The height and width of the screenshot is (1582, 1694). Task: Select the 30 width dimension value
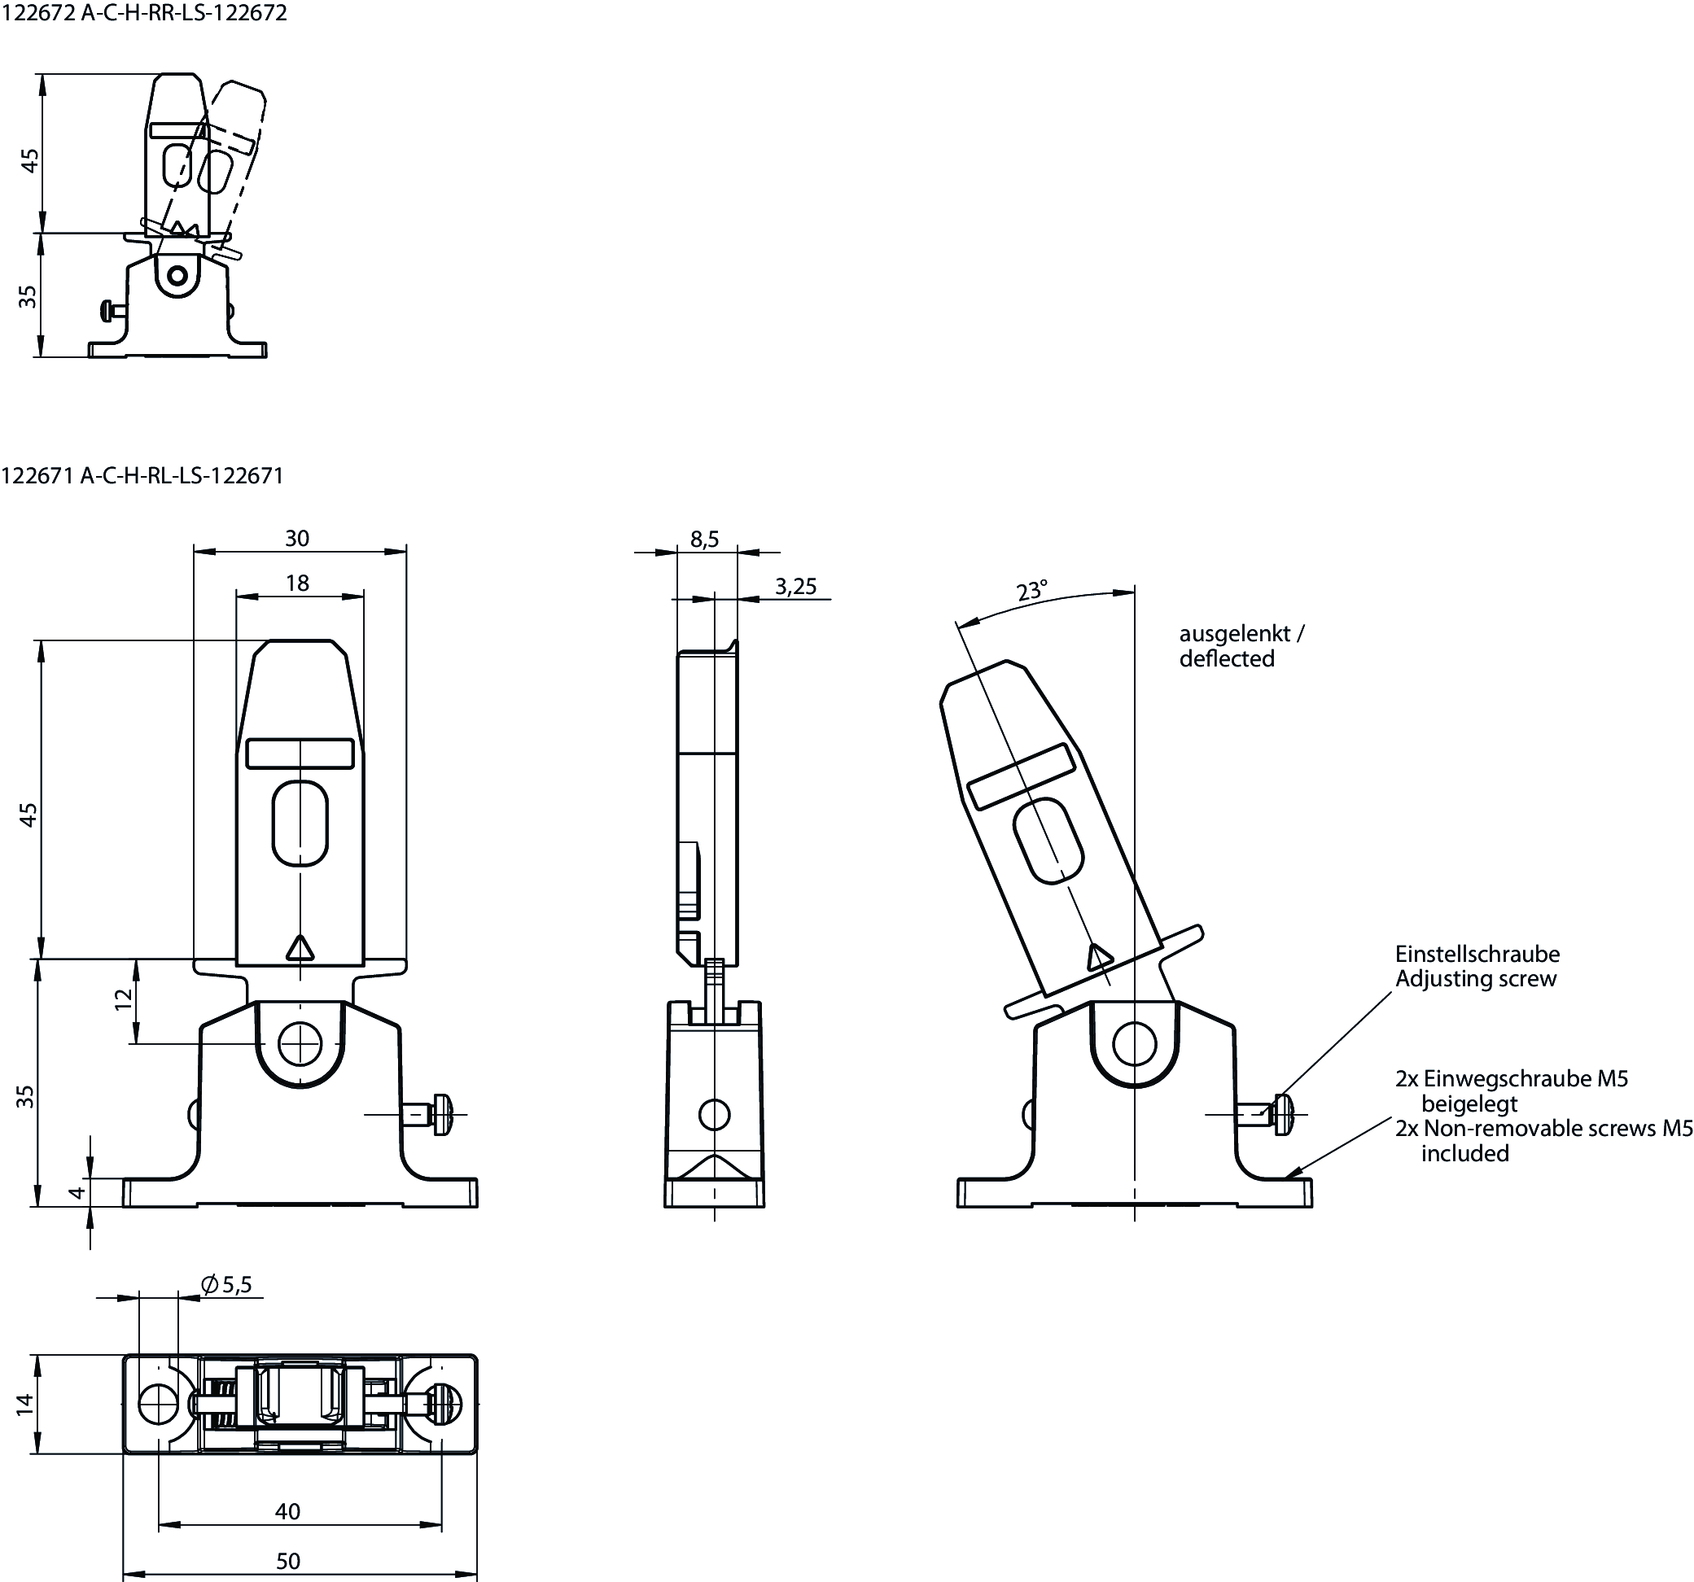pyautogui.click(x=297, y=539)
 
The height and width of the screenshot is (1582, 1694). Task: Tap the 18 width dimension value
pyautogui.click(x=297, y=583)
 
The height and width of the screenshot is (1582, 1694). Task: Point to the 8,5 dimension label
pyautogui.click(x=705, y=540)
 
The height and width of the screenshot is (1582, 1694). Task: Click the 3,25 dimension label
pyautogui.click(x=796, y=586)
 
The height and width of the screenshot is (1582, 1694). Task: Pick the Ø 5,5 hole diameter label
pyautogui.click(x=225, y=1285)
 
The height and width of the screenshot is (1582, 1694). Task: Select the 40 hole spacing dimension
pyautogui.click(x=288, y=1511)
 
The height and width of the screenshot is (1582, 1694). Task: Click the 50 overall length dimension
pyautogui.click(x=288, y=1561)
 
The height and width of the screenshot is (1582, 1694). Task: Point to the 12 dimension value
pyautogui.click(x=125, y=999)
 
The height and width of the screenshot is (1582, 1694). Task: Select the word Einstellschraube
pyautogui.click(x=1477, y=954)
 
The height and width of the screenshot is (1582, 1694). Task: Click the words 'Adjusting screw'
pyautogui.click(x=1475, y=979)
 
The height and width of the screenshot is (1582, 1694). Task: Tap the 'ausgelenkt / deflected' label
pyautogui.click(x=1241, y=646)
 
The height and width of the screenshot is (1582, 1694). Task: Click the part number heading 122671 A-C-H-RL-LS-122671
pyautogui.click(x=142, y=475)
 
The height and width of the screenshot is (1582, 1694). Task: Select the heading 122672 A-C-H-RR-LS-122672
pyautogui.click(x=144, y=13)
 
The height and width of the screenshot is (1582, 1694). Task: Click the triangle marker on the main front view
pyautogui.click(x=299, y=948)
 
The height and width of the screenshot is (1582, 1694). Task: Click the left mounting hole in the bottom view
pyautogui.click(x=158, y=1403)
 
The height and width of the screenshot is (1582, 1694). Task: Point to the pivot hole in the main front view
pyautogui.click(x=299, y=1043)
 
